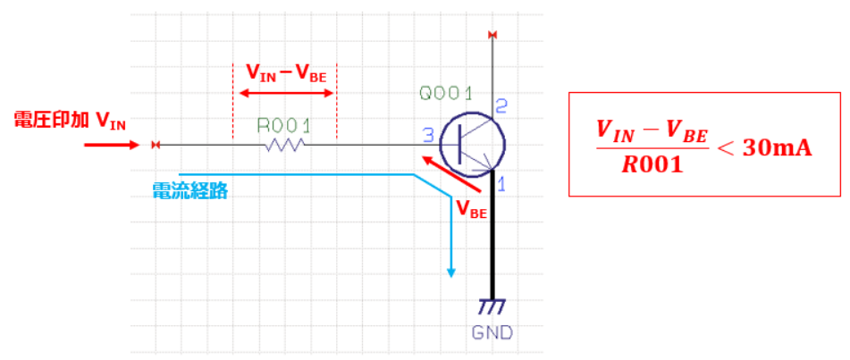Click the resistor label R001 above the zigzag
(x=284, y=124)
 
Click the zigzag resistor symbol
(x=284, y=145)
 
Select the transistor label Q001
(x=446, y=93)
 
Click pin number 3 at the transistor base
(x=428, y=136)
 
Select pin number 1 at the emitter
(x=501, y=185)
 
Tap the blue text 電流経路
(x=189, y=189)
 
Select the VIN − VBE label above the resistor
(x=285, y=73)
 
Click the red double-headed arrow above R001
(x=284, y=93)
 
